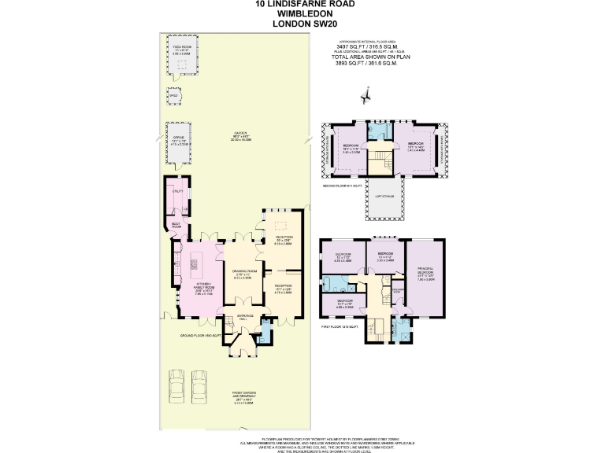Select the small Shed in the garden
click(173, 97)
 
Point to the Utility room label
click(178, 190)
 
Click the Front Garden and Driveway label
click(243, 398)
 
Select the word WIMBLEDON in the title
click(302, 13)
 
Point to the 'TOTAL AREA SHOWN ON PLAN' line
click(373, 57)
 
